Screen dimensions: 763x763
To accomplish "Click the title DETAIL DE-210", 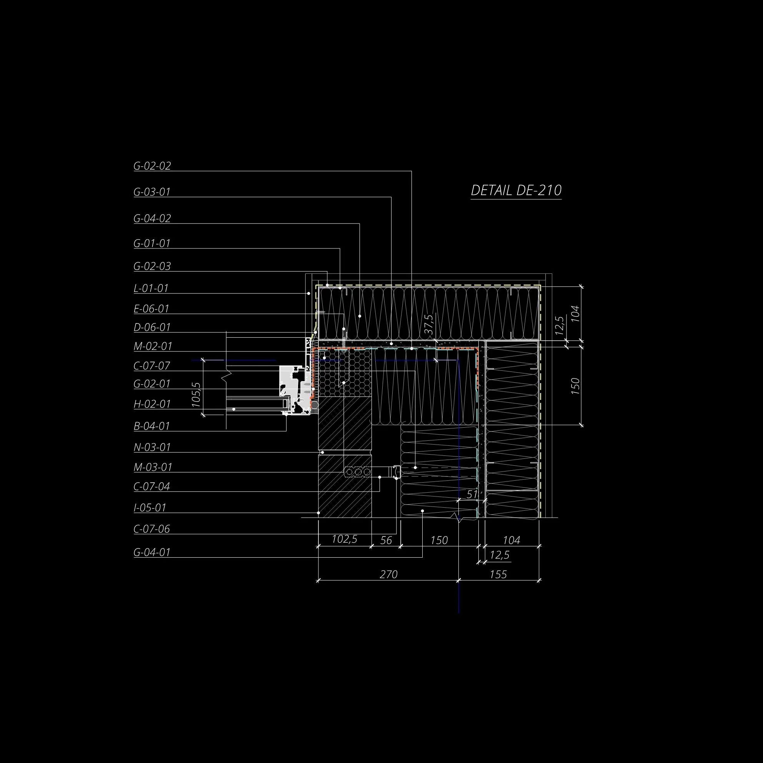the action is pos(516,190).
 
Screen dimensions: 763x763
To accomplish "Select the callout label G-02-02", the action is pos(152,166).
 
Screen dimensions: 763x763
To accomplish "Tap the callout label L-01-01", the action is pos(151,288).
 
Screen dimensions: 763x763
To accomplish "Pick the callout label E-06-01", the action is pos(151,308).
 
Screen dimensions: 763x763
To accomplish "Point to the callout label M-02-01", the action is pos(153,347).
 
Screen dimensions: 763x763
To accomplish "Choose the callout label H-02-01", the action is pos(152,404).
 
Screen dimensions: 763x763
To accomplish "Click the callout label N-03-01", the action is pos(152,447).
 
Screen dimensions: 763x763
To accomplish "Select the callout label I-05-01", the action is pos(150,508).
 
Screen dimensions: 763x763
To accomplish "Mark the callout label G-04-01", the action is pos(152,552).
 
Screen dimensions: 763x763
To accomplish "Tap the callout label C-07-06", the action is pos(152,529).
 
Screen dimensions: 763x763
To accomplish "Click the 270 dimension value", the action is pos(388,574).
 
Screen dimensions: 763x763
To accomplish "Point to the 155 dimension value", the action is pos(498,574).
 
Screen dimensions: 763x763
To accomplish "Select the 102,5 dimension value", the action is pos(344,539).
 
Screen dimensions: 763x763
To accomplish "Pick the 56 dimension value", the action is pos(386,540).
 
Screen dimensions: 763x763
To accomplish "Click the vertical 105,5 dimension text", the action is pos(196,395).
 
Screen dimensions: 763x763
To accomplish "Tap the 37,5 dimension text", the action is pos(430,324).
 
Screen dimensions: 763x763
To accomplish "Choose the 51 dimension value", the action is pos(472,494).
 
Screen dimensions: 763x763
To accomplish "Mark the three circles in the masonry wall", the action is pos(358,471).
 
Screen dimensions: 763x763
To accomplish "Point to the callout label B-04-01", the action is pos(152,426).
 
